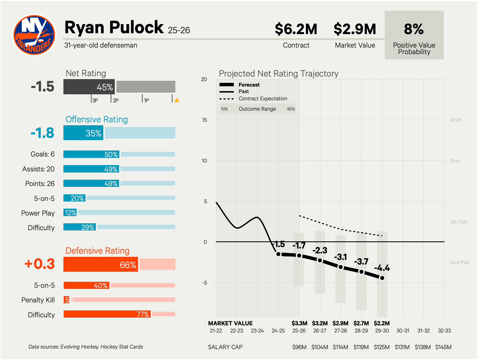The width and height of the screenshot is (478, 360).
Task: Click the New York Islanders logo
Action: [34, 35]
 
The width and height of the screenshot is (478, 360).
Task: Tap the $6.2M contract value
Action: [296, 29]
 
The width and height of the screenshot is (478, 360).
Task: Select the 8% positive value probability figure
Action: [414, 29]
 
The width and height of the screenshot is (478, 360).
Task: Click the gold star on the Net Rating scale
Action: [177, 100]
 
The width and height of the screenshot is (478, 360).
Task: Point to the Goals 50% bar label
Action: [111, 154]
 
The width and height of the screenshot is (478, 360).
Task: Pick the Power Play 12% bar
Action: [70, 213]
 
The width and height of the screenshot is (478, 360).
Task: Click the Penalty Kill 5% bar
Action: [67, 300]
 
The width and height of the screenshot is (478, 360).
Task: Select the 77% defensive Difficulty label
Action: [143, 314]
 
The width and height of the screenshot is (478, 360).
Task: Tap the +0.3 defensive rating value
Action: [40, 264]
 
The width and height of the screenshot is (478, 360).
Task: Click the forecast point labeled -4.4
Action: [382, 278]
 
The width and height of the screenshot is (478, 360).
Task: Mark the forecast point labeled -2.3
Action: [320, 260]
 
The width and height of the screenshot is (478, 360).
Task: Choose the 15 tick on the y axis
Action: [204, 120]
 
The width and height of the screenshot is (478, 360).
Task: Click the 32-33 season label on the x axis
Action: [444, 331]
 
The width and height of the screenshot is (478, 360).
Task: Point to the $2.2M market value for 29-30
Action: [382, 323]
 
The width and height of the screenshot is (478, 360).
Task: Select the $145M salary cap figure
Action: [443, 347]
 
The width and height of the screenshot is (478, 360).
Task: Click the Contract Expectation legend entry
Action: [263, 99]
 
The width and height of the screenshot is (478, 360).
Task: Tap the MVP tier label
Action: [456, 120]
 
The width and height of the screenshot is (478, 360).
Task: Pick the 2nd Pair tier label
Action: [460, 262]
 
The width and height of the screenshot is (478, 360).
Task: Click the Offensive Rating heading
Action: [97, 120]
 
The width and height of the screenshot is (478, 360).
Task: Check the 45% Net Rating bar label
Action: [105, 87]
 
